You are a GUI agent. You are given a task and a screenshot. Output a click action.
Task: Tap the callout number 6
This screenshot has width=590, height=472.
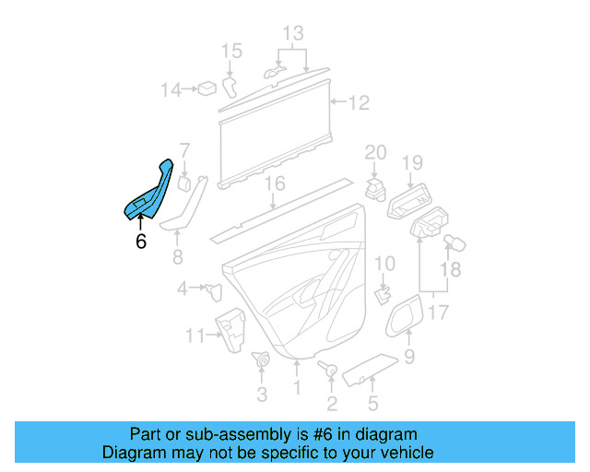(x=140, y=242)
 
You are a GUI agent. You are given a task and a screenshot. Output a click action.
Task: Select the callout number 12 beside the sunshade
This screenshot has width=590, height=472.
(x=359, y=102)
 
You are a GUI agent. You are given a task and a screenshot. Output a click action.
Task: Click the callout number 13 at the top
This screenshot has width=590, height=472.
(x=292, y=34)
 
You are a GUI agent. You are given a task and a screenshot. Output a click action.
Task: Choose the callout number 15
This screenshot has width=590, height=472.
(x=231, y=50)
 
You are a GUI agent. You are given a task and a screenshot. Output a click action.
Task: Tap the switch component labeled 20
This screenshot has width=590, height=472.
(x=375, y=189)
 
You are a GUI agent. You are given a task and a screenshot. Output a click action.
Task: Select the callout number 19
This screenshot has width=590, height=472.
(x=411, y=163)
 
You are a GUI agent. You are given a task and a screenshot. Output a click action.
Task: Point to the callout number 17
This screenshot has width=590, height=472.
(x=440, y=313)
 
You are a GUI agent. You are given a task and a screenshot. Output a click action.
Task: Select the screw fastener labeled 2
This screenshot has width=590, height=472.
(x=329, y=370)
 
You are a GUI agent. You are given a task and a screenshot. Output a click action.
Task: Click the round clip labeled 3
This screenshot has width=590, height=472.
(x=261, y=360)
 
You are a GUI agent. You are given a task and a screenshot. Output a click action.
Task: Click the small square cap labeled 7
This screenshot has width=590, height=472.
(x=183, y=183)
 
